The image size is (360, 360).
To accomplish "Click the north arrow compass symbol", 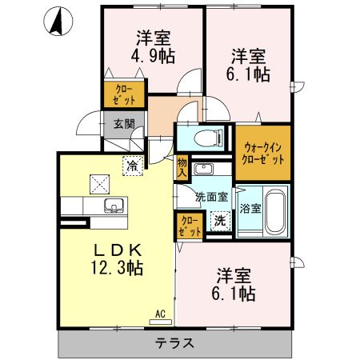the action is (58, 21).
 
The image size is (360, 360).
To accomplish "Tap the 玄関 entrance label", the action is (124, 124).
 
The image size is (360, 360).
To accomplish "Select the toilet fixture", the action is (209, 138).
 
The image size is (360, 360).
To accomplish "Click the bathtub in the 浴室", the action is (275, 212).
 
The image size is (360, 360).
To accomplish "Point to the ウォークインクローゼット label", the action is (263, 153).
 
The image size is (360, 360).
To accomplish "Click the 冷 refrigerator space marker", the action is (133, 166).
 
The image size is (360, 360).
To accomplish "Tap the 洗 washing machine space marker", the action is (220, 221).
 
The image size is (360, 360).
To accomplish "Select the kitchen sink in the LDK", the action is (114, 206).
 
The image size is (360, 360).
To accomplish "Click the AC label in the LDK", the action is (160, 314).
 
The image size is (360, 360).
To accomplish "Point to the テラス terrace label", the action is (174, 343).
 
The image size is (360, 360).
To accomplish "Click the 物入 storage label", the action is (182, 167).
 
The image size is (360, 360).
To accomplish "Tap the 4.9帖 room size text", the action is (153, 56).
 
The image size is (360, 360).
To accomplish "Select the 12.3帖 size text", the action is (117, 267).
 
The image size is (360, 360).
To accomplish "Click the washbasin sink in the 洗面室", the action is (203, 169).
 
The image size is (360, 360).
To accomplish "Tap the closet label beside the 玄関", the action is (124, 94).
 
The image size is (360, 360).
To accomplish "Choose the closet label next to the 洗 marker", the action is (190, 226).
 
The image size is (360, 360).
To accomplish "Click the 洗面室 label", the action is (211, 197).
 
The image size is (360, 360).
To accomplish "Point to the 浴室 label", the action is (250, 208).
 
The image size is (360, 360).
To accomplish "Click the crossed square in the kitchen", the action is (100, 184).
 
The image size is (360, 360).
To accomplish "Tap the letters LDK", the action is (118, 250).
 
